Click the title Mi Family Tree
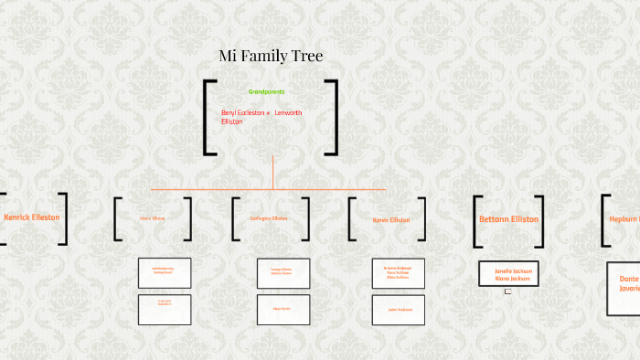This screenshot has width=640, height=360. click(271, 57)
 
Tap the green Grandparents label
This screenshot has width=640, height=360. click(266, 91)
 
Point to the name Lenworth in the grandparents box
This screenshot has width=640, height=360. click(288, 112)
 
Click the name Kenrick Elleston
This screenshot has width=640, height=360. click(32, 217)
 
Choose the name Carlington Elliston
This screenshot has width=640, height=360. click(269, 218)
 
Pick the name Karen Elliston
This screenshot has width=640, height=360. click(390, 219)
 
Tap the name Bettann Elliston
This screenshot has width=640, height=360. click(508, 219)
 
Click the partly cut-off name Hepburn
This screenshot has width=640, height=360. click(624, 219)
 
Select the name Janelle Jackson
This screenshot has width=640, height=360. click(509, 271)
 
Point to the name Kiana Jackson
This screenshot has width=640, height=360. click(509, 279)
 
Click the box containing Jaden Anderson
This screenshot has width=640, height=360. click(399, 310)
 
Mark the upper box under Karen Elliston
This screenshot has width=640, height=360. click(399, 273)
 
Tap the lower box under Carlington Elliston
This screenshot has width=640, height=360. click(283, 310)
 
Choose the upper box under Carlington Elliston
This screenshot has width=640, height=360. click(283, 273)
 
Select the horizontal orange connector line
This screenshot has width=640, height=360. click(210, 189)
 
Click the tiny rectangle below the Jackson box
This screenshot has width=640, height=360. click(507, 291)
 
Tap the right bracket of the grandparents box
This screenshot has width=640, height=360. click(332, 117)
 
